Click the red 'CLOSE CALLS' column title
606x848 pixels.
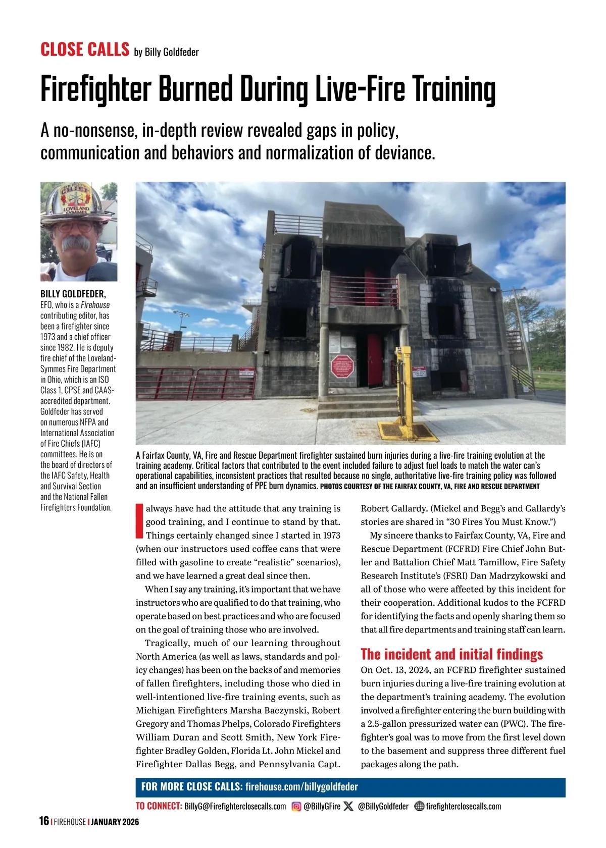tap(85, 49)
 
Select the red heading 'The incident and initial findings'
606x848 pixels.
tap(451, 654)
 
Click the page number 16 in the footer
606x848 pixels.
tap(44, 821)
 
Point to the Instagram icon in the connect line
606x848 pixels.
tap(296, 806)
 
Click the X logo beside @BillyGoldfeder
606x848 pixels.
tap(348, 806)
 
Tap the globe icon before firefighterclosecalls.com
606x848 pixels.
tap(419, 806)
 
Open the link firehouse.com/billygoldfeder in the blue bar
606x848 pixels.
tap(301, 786)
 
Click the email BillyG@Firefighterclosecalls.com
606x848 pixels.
tap(235, 806)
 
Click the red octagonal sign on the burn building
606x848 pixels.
tap(341, 366)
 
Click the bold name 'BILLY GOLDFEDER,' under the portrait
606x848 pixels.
tap(73, 294)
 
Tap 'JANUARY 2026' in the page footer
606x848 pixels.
tap(116, 821)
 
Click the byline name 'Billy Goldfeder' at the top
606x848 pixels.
tap(172, 52)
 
